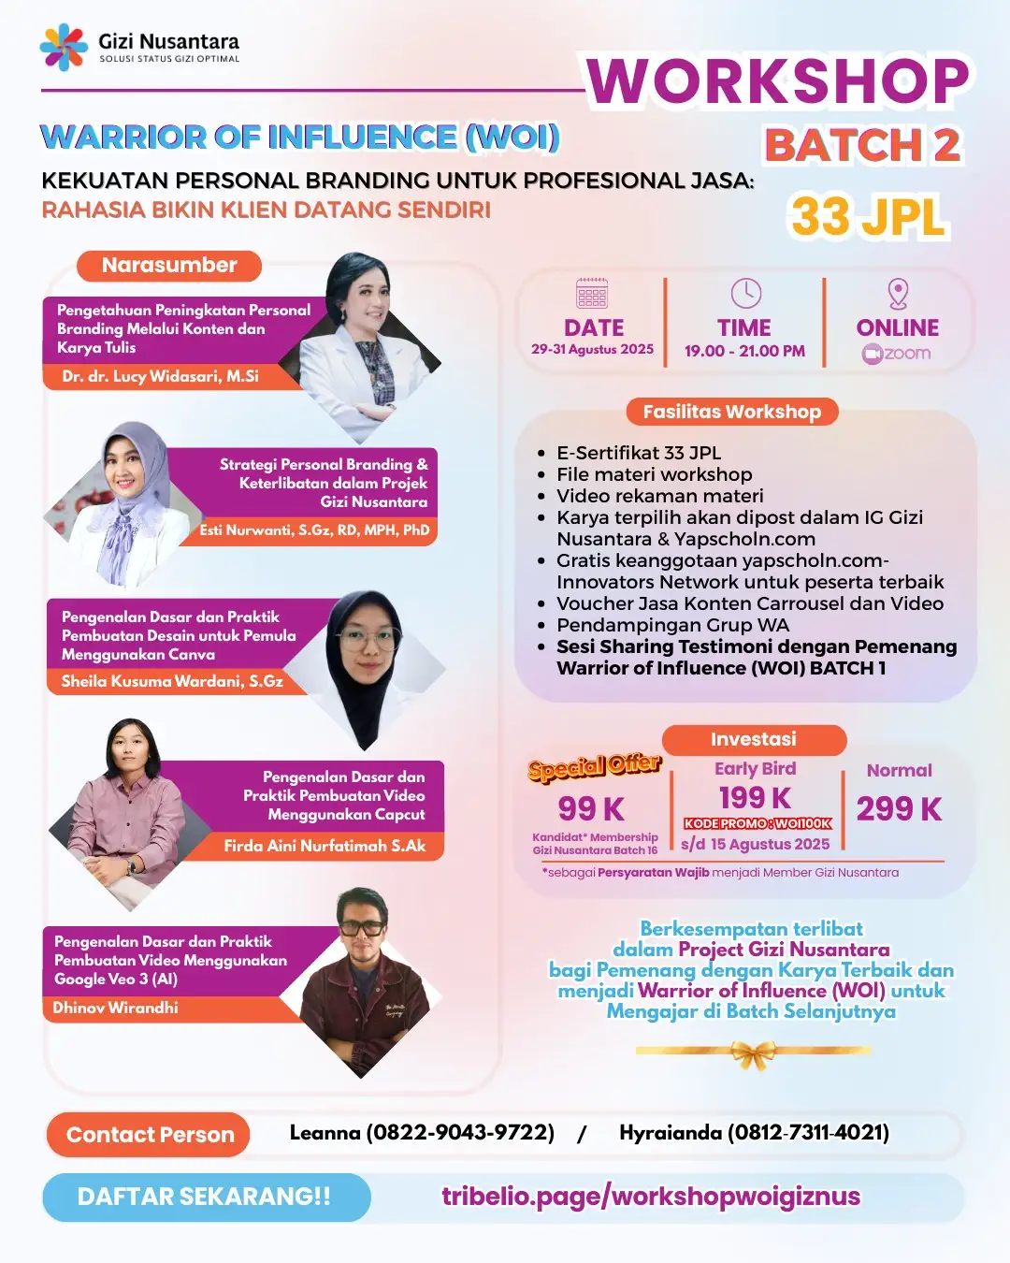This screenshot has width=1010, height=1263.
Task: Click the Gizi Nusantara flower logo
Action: [64, 47]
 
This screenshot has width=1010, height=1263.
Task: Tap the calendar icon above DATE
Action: [592, 293]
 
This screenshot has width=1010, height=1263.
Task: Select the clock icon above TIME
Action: [745, 293]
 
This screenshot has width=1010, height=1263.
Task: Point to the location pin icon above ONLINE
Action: [898, 293]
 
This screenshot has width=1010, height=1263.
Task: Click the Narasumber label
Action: [169, 266]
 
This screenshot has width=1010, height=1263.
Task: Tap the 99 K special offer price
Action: [591, 808]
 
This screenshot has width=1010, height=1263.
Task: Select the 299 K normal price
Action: [899, 808]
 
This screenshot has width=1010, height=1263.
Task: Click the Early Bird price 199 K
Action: [755, 798]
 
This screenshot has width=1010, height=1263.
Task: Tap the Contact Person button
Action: [150, 1135]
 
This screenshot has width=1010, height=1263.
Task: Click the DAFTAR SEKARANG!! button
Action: [205, 1197]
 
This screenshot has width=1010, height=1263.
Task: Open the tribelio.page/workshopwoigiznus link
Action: [651, 1197]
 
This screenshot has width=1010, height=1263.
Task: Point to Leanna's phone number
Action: [461, 1133]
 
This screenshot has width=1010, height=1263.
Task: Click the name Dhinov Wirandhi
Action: [115, 1008]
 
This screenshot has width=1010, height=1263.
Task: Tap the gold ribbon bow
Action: [754, 1054]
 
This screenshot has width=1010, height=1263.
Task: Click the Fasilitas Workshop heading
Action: [732, 412]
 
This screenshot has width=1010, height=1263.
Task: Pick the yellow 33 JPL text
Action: [868, 217]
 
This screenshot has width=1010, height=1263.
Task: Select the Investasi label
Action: [754, 739]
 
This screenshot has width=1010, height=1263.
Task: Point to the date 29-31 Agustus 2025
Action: [593, 349]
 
